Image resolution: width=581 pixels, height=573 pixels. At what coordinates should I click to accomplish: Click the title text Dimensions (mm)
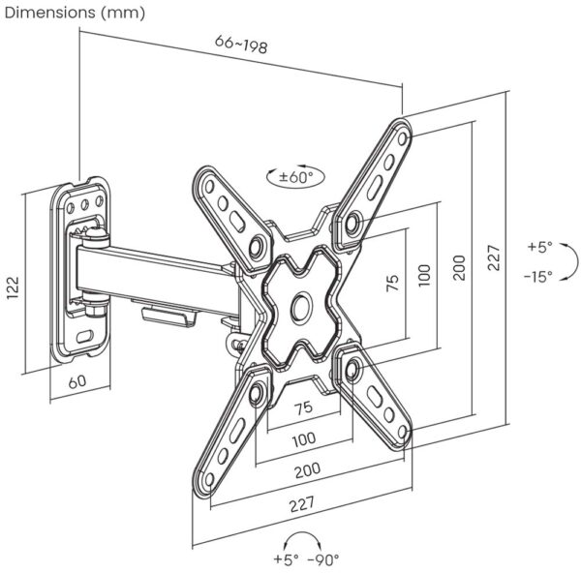coord(76,13)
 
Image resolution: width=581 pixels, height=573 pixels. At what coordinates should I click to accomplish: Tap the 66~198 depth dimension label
coord(240,45)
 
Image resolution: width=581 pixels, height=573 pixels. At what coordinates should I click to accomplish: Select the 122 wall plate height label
coord(13,287)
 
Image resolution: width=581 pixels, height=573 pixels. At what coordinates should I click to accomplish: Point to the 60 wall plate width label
coord(77,380)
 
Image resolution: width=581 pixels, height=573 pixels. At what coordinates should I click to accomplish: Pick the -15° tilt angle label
coord(537,276)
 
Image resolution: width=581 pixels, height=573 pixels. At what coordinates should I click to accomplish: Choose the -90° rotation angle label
coord(322,558)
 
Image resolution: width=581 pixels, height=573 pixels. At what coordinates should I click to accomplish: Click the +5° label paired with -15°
coord(539,247)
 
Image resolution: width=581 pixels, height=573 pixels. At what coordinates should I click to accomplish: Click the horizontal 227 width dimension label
coord(302,504)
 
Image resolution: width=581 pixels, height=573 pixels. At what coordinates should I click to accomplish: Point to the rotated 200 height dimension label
coord(460,267)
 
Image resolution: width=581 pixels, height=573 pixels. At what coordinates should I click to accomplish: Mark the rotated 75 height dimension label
coord(391,284)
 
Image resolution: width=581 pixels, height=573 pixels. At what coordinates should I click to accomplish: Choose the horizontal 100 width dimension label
coord(303,437)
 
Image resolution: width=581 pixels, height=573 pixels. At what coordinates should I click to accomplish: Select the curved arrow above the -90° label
coord(304,538)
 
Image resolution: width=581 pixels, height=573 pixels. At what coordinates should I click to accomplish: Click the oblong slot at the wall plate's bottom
coord(84,335)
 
